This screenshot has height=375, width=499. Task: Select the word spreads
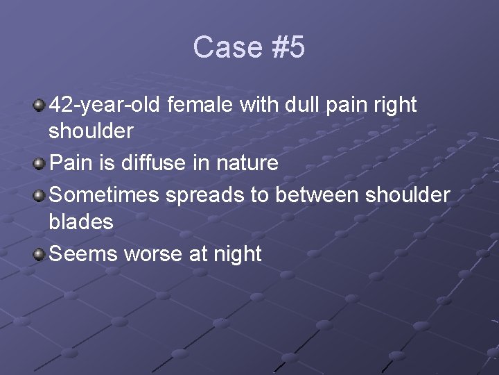coord(204,195)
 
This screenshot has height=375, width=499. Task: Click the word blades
coord(81,222)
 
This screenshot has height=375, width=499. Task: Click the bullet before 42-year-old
coord(40,106)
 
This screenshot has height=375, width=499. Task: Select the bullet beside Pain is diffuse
coord(40,164)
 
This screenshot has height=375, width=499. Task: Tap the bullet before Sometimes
coord(40,196)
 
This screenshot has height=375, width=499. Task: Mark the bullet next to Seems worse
coord(40,254)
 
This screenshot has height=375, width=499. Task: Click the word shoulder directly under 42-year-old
coord(91,131)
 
